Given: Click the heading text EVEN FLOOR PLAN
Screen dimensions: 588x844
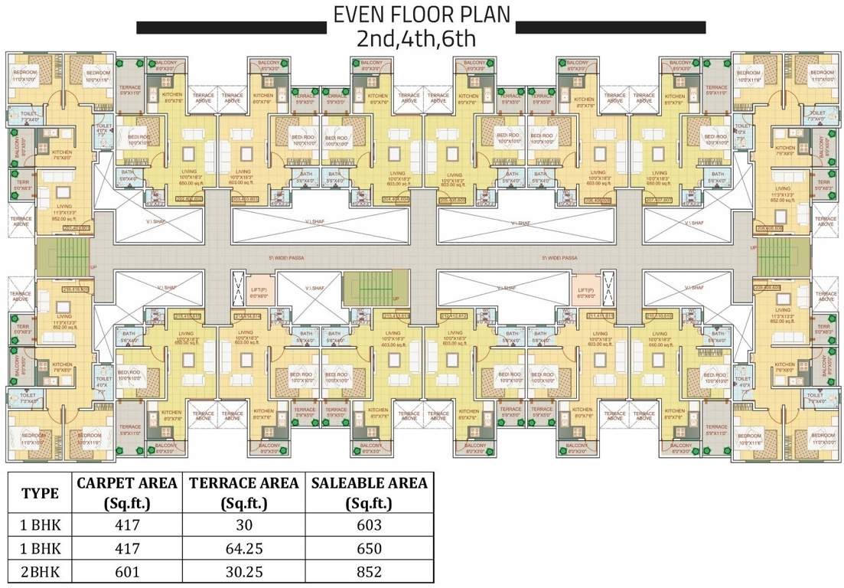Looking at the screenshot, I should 422,16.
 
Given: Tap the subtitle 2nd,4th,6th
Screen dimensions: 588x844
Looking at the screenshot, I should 422,39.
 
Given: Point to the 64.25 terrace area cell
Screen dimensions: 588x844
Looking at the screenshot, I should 243,548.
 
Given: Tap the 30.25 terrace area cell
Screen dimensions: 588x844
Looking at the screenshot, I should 243,571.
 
